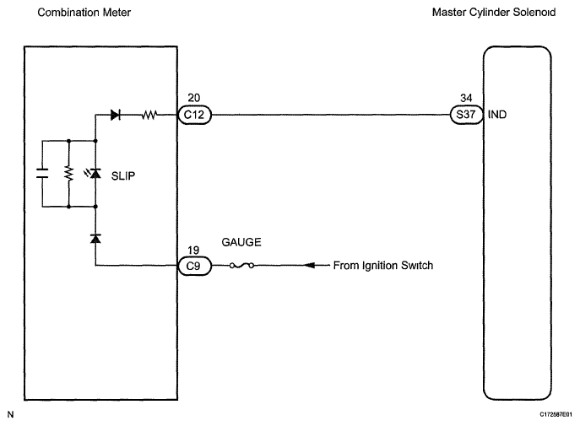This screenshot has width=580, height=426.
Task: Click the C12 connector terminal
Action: [x=194, y=115]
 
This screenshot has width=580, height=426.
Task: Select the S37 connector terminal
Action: [x=466, y=115]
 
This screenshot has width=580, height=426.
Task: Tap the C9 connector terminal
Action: [x=194, y=266]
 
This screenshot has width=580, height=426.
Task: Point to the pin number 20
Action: [x=194, y=98]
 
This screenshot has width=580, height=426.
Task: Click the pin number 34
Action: [x=466, y=98]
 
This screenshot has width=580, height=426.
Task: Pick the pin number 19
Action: [x=193, y=251]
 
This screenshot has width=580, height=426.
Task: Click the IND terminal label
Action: [x=497, y=115]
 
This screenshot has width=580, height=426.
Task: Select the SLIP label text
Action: [x=123, y=175]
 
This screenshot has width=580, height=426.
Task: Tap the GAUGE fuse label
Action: [x=241, y=242]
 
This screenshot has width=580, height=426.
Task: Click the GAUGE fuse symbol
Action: [x=241, y=265]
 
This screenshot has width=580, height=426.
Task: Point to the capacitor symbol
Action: [x=42, y=173]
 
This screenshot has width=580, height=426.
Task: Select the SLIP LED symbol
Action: [x=94, y=173]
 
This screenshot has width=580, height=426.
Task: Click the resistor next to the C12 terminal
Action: [x=149, y=115]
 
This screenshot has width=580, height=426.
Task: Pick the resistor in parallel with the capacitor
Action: [x=68, y=173]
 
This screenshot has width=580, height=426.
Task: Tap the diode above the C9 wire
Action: [x=95, y=239]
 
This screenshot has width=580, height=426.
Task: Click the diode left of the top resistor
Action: [x=116, y=115]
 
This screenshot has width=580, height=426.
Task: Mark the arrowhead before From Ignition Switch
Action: [x=309, y=265]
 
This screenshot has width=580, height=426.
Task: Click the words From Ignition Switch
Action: [x=382, y=265]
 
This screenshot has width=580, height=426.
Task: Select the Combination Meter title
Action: [x=84, y=13]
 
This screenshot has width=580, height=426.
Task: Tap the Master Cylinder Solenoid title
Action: [x=494, y=12]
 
